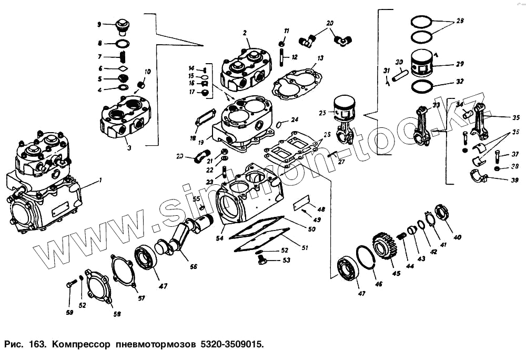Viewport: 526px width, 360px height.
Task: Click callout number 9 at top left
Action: [x=99, y=24]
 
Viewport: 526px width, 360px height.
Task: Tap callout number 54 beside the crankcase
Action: [x=219, y=238]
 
